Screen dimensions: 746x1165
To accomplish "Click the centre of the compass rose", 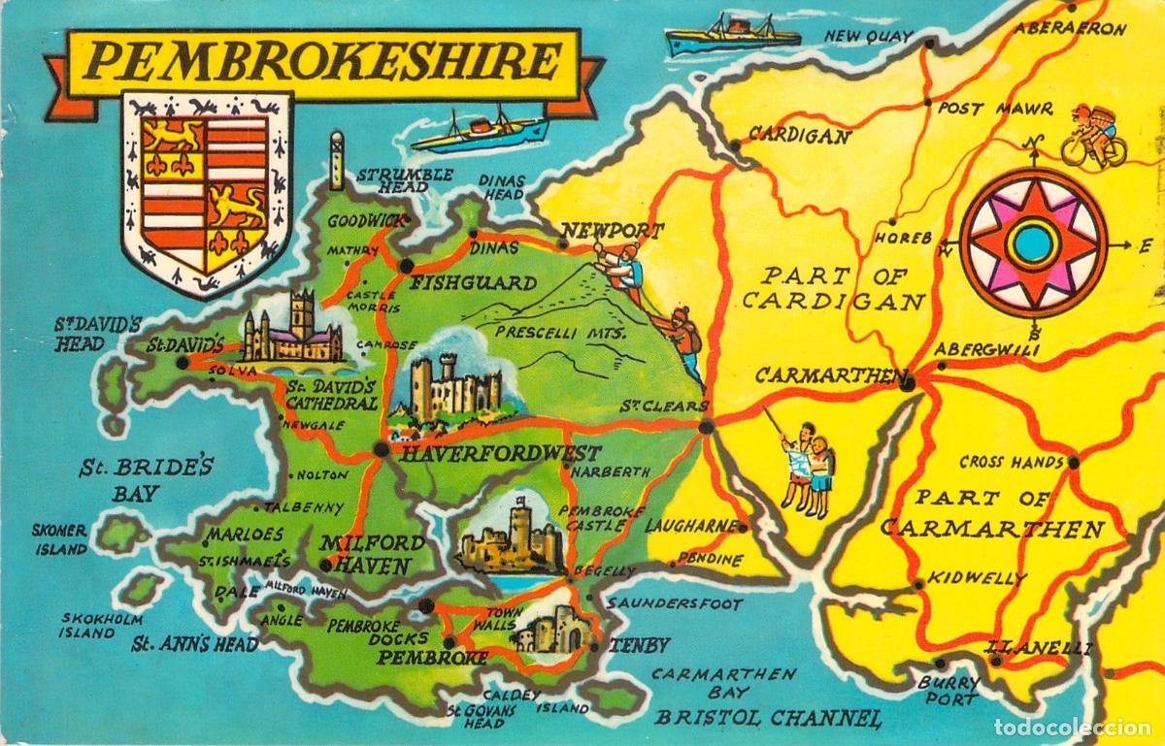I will [x=1032, y=243].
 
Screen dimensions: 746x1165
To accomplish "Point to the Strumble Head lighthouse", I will [x=337, y=161].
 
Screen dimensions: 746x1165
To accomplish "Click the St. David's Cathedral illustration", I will [x=292, y=329].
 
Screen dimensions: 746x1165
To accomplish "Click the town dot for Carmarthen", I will [x=908, y=384].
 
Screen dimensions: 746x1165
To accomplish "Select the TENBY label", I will [x=640, y=645].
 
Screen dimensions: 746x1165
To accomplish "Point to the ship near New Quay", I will [x=732, y=37].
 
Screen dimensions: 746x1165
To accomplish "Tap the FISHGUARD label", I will [x=474, y=283].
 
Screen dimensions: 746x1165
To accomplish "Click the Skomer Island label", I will [x=60, y=539].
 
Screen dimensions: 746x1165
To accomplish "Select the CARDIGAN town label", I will [x=801, y=137].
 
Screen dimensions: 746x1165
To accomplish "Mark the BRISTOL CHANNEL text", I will [x=769, y=718].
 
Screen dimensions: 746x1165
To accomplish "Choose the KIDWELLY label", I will [x=977, y=578].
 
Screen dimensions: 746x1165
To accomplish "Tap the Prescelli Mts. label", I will [x=559, y=333].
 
